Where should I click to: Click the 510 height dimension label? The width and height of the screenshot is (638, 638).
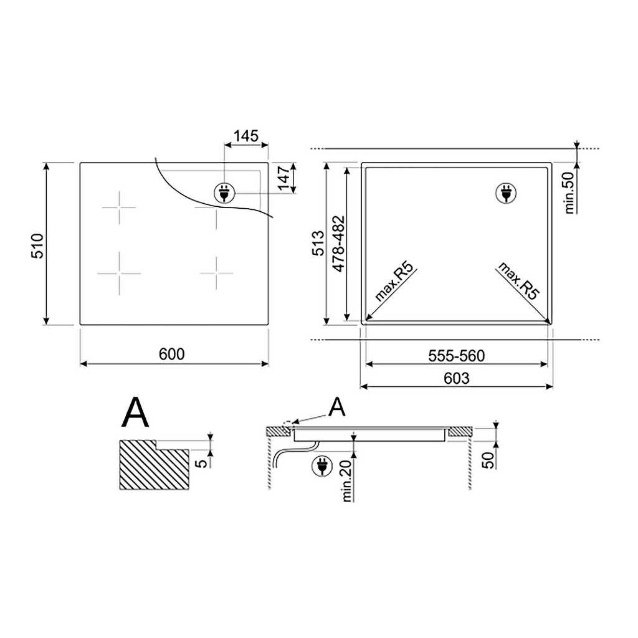(x=37, y=245)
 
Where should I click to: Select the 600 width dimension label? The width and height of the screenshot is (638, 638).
(x=172, y=354)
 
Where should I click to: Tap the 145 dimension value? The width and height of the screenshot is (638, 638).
(x=246, y=136)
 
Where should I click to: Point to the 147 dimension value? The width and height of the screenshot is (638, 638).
(x=284, y=178)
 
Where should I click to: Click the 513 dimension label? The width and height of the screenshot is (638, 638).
(x=318, y=243)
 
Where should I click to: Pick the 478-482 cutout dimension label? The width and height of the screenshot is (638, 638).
(x=338, y=244)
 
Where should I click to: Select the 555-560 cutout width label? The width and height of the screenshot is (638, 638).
(x=457, y=356)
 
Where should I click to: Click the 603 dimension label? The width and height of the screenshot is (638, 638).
(x=457, y=378)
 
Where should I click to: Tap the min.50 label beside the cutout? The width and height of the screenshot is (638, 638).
(x=569, y=193)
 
